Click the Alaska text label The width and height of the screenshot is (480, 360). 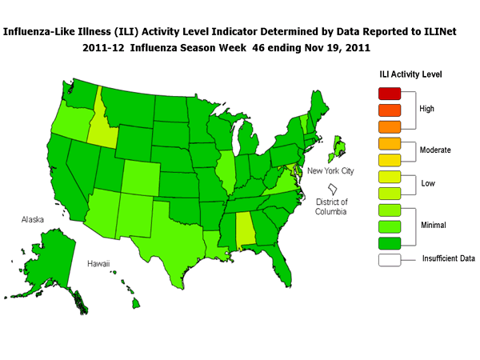tap(34, 217)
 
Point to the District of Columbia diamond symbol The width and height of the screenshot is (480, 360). tap(330, 187)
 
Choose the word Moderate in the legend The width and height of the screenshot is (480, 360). tap(437, 150)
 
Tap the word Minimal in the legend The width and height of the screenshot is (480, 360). tap(435, 224)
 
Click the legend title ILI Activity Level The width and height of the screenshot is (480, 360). tap(410, 75)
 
